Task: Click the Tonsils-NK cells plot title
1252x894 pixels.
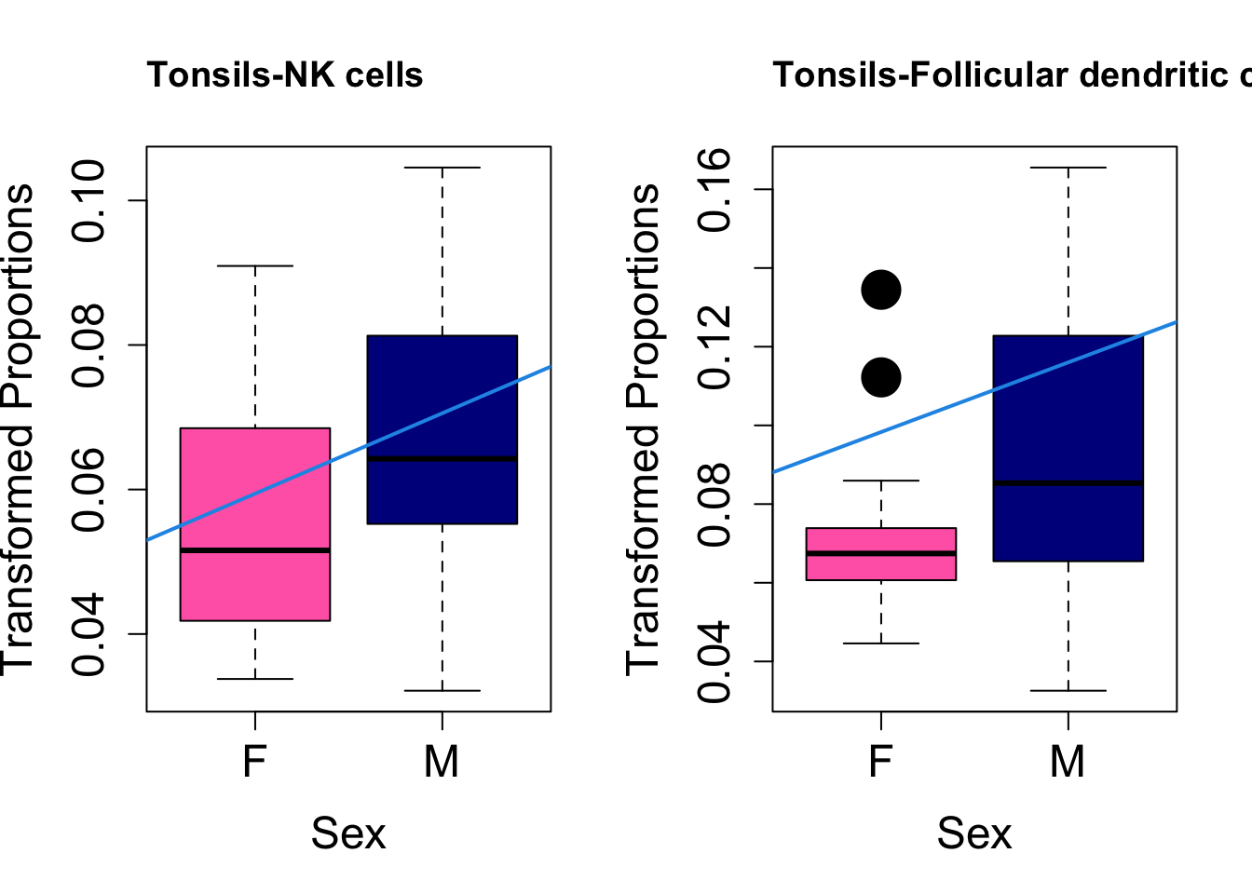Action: pyautogui.click(x=285, y=74)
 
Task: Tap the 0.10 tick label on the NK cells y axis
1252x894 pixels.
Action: pyautogui.click(x=89, y=200)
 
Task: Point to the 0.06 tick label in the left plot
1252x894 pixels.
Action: pyautogui.click(x=89, y=489)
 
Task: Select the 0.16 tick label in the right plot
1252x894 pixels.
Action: pyautogui.click(x=715, y=189)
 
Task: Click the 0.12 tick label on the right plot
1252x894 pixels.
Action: pyautogui.click(x=715, y=346)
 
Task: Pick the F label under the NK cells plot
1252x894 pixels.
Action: pyautogui.click(x=254, y=762)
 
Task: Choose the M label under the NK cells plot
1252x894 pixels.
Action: pyautogui.click(x=442, y=762)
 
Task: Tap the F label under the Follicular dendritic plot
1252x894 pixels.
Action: pyautogui.click(x=880, y=762)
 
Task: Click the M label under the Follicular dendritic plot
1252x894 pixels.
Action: pyautogui.click(x=1068, y=762)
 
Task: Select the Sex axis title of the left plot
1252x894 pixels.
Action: pyautogui.click(x=348, y=833)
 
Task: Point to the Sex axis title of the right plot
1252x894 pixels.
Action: pyautogui.click(x=974, y=833)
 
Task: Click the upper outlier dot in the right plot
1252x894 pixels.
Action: pyautogui.click(x=881, y=290)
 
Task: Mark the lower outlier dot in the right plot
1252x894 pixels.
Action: pyautogui.click(x=881, y=377)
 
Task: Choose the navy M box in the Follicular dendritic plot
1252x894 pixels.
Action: pyautogui.click(x=1068, y=410)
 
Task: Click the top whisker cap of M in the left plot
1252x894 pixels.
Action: pyautogui.click(x=442, y=168)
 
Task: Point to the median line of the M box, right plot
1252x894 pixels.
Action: pyautogui.click(x=1068, y=482)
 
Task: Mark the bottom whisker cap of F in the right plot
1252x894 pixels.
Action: pyautogui.click(x=881, y=643)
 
